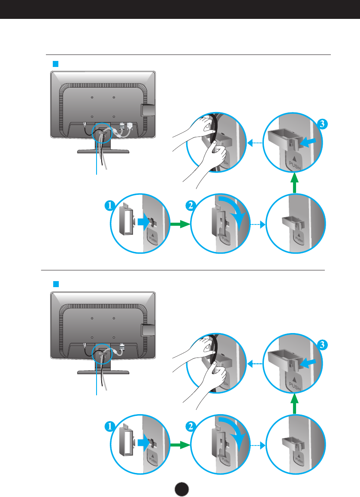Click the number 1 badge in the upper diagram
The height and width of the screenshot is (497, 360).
point(109,206)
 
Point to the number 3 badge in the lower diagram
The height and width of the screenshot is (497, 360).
point(323,344)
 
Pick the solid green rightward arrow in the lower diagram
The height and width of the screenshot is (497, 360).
point(178,445)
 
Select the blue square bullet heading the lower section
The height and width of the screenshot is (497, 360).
point(55,284)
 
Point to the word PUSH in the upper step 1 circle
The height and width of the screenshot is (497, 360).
point(153,241)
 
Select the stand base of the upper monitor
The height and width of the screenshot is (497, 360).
point(103,152)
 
